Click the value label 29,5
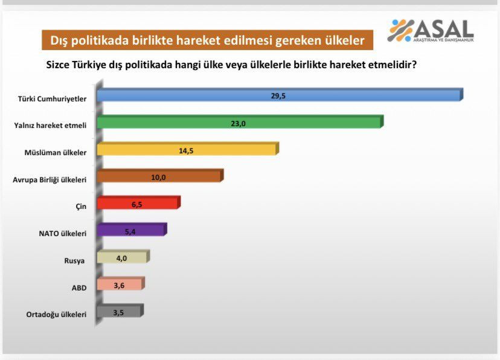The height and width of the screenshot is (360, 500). (x=278, y=95)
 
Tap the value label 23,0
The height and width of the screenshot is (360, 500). (x=239, y=123)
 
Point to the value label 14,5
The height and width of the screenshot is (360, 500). (x=186, y=150)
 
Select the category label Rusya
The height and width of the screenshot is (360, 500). (x=74, y=261)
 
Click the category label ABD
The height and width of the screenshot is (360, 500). (x=79, y=288)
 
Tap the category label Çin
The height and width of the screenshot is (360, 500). (x=81, y=207)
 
